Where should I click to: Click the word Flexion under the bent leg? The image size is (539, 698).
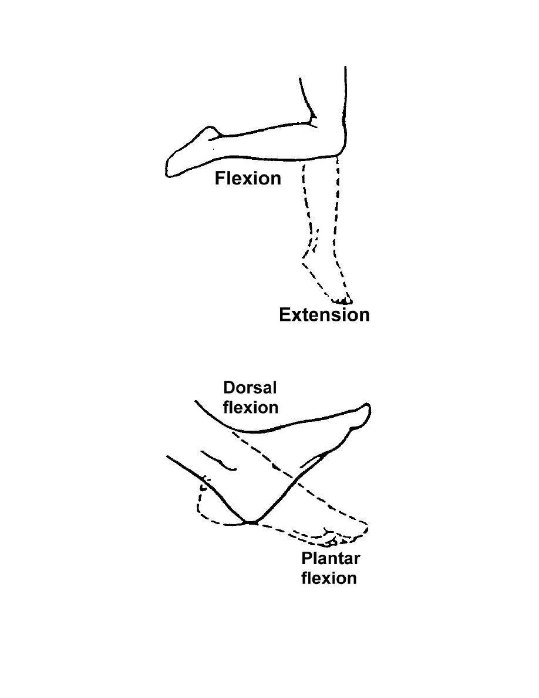[248, 178]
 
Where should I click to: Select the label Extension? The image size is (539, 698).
[324, 315]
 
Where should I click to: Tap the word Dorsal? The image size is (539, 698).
[250, 388]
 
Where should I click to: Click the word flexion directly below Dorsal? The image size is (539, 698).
[251, 407]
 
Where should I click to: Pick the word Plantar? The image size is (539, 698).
[330, 558]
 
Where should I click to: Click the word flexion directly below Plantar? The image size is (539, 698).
[329, 578]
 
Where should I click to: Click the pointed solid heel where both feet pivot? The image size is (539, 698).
[251, 521]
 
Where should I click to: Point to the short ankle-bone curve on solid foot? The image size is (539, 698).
[218, 461]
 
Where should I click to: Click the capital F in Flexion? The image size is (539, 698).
[220, 178]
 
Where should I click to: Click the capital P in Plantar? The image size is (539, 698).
[306, 558]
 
